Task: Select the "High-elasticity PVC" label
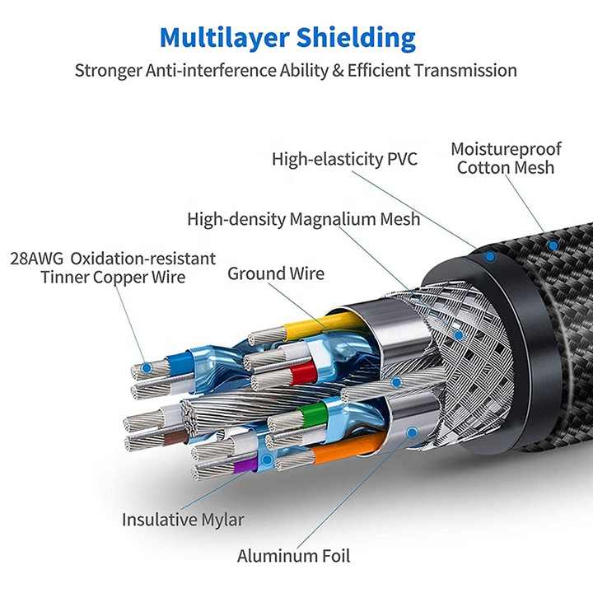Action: pos(344,159)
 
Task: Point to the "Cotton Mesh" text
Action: pos(506,167)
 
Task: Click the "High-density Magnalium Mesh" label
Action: pos(304,219)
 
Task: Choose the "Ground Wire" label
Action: pos(276,273)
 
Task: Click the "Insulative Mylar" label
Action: pos(183,519)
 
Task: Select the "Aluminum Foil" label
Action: pos(293,556)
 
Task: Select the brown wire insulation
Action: pos(176,438)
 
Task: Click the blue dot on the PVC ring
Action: pos(490,257)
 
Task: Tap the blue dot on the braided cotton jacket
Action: pos(553,245)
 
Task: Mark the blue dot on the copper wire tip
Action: pos(147,367)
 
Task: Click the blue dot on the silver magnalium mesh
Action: pos(459,335)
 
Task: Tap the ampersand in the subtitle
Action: pos(338,71)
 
